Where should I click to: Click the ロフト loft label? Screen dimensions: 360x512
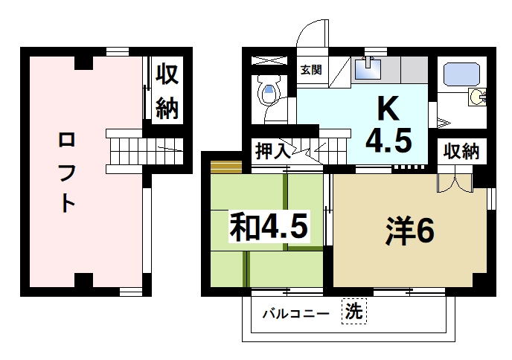(66, 172)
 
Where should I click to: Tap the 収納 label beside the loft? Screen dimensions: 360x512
(167, 91)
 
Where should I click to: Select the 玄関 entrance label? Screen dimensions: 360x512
(310, 71)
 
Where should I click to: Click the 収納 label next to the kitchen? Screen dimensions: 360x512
(461, 151)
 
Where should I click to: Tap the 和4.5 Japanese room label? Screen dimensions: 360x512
(268, 225)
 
